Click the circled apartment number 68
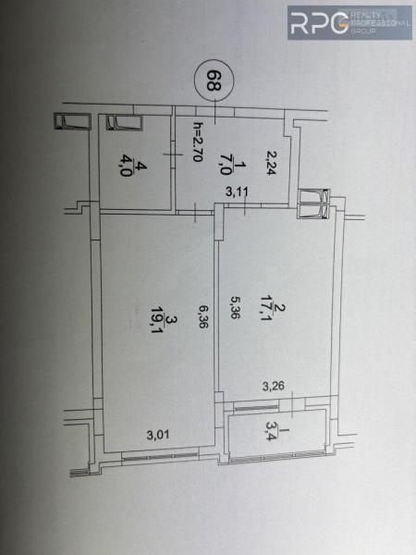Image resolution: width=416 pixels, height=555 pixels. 214,80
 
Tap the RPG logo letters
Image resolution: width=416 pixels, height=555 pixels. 319,23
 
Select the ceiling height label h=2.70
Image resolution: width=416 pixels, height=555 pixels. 198,142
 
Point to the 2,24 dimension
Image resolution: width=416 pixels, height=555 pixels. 271,163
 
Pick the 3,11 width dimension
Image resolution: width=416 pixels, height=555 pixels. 238,191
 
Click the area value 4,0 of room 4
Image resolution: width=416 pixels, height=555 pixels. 126,167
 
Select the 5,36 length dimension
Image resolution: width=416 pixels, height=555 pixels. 234,307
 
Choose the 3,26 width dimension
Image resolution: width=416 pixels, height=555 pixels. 274,386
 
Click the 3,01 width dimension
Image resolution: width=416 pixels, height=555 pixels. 158,435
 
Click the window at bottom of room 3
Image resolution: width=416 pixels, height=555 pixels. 159,456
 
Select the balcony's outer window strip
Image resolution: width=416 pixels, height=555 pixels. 278,457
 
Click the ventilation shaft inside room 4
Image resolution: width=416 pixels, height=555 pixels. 124,122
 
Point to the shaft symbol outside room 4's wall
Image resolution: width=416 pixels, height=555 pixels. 72,121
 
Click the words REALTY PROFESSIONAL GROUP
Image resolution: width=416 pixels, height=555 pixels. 380,23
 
